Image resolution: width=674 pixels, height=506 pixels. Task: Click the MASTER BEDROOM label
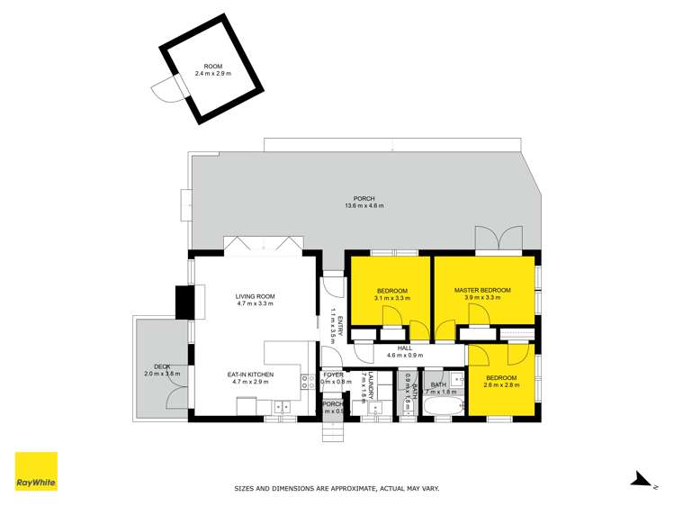482,290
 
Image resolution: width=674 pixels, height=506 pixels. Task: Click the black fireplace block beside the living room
184,301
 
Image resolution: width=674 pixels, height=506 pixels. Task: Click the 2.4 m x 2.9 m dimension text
213,73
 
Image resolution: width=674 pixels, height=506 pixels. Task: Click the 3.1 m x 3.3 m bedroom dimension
392,298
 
